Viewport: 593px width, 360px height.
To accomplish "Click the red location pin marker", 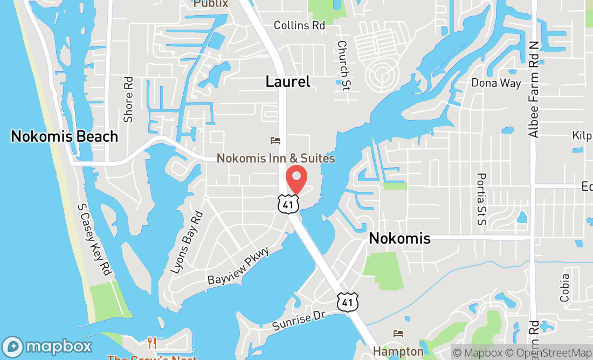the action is [296, 180].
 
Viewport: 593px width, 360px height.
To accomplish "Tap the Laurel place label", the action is [288, 81].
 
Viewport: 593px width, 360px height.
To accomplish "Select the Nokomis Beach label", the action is [64, 136].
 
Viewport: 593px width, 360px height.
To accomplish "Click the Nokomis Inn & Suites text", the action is [275, 158].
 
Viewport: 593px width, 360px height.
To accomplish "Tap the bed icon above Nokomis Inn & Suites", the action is [275, 141].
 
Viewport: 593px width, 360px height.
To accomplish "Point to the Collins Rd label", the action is [299, 25].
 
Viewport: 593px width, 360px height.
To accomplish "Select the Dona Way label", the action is [496, 83].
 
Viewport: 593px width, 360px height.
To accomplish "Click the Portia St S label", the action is [481, 199].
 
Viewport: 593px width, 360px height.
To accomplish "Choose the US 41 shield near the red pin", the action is [286, 203].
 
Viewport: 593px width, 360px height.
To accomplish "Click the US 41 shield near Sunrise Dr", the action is [348, 302].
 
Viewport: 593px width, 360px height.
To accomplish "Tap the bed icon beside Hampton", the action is [398, 334].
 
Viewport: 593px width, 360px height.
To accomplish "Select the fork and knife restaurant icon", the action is [153, 342].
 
